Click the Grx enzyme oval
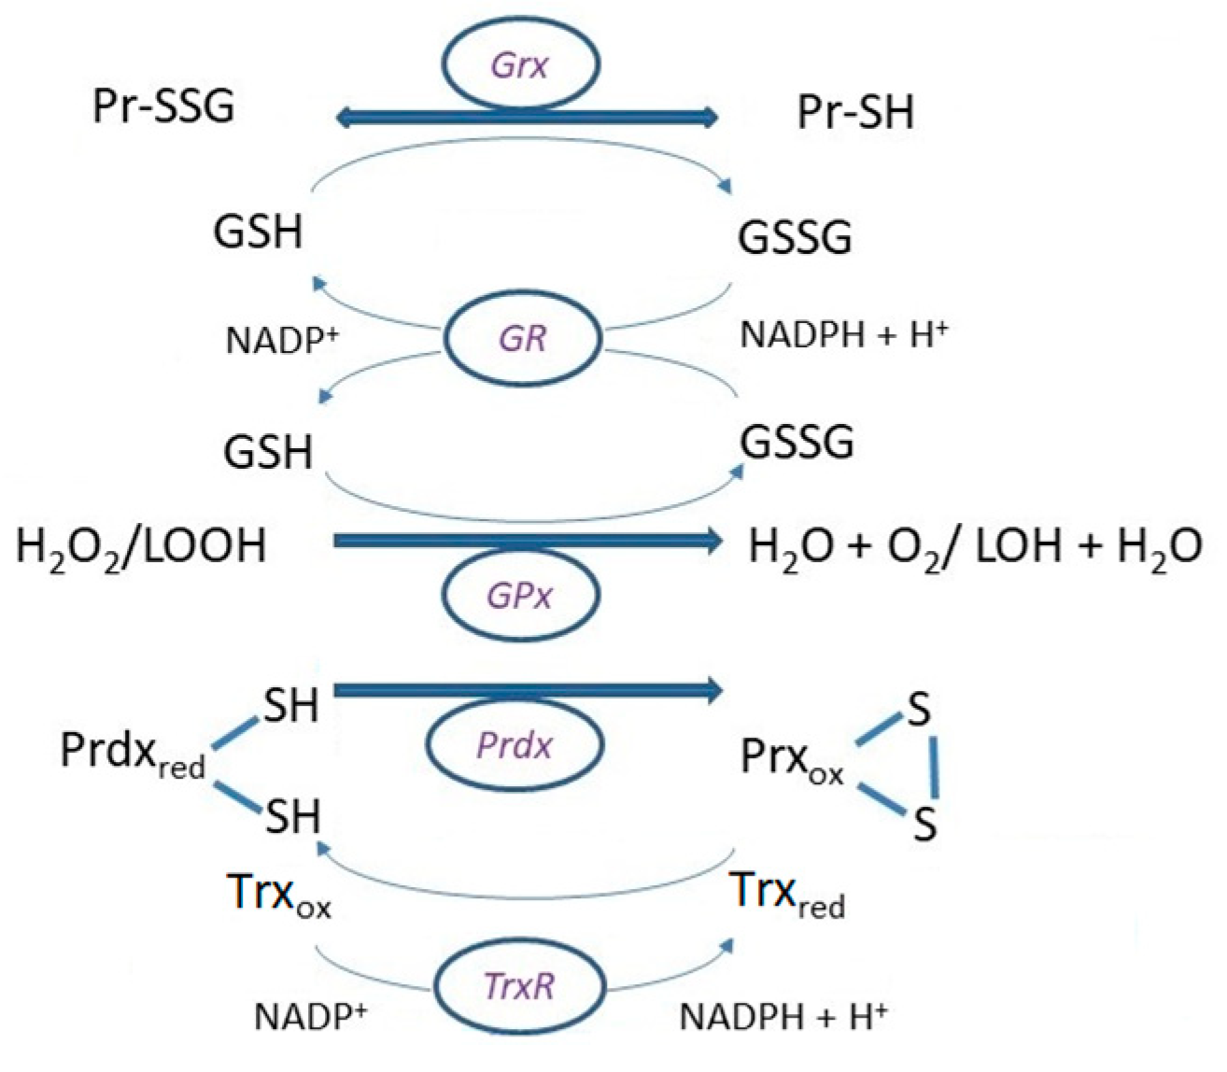coord(521,66)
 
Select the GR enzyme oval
coord(523,339)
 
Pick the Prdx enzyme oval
coord(515,745)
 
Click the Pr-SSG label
coord(164,106)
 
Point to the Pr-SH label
coord(855,113)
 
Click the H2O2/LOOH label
coord(141,545)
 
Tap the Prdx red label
coord(132,754)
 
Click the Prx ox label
coord(792,761)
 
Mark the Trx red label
coord(787,894)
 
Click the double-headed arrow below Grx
coord(528,117)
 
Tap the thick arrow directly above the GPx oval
coord(528,540)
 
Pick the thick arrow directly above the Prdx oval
coord(528,691)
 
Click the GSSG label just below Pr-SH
coord(795,238)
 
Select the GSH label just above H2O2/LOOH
coord(268,452)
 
